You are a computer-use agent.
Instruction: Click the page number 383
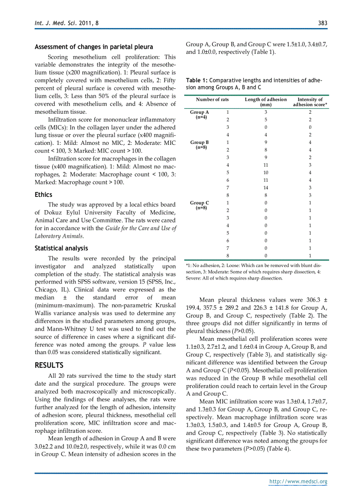pyautogui.click(x=322, y=23)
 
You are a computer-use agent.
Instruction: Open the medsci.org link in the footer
pyautogui.click(x=298, y=482)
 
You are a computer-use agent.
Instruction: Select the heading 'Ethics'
pyautogui.click(x=43, y=195)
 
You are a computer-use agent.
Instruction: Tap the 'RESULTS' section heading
pyautogui.click(x=49, y=365)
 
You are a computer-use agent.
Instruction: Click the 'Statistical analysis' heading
pyautogui.click(x=61, y=248)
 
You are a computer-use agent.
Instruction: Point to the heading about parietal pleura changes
pyautogui.click(x=94, y=47)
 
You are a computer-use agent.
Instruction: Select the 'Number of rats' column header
pyautogui.click(x=212, y=100)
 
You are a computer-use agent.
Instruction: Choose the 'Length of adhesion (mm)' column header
pyautogui.click(x=266, y=102)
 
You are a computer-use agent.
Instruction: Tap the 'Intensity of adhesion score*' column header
pyautogui.click(x=310, y=102)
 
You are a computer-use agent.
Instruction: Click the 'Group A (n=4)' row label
pyautogui.click(x=199, y=115)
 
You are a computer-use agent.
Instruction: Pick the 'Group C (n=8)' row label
pyautogui.click(x=199, y=205)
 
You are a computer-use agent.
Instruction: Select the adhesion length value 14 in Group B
pyautogui.click(x=266, y=188)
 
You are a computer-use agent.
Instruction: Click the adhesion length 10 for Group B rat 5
pyautogui.click(x=266, y=173)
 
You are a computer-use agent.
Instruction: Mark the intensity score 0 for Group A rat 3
pyautogui.click(x=310, y=128)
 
